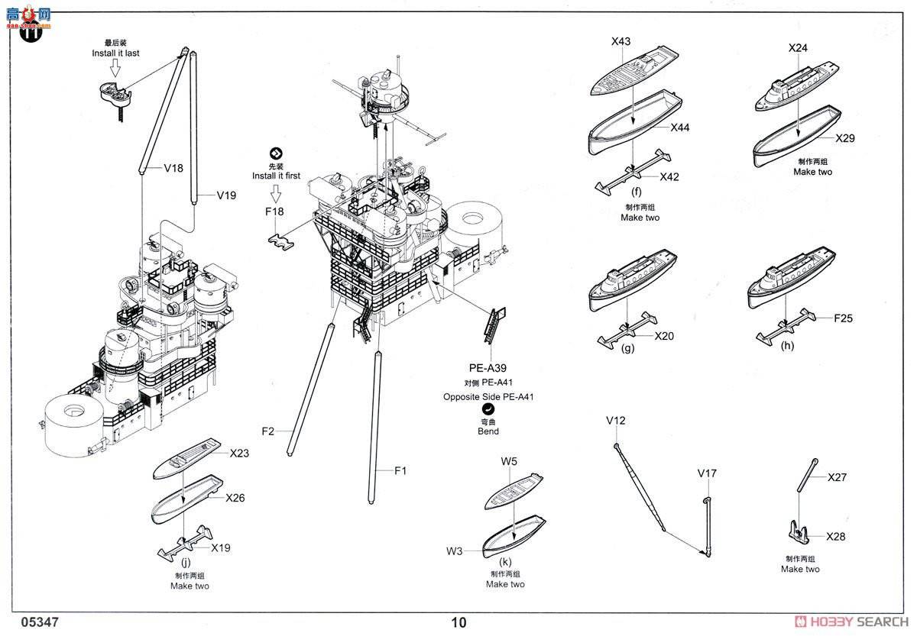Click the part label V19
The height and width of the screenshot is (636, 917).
pyautogui.click(x=225, y=195)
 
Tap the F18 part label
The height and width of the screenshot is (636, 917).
pyautogui.click(x=274, y=212)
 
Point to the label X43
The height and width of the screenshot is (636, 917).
pyautogui.click(x=621, y=41)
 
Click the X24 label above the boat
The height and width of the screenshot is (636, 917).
pyautogui.click(x=798, y=47)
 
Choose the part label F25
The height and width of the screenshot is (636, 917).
pyautogui.click(x=843, y=318)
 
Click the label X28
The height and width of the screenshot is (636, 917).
pyautogui.click(x=835, y=537)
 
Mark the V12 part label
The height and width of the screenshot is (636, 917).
pyautogui.click(x=616, y=421)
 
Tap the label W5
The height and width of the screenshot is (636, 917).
pyautogui.click(x=510, y=461)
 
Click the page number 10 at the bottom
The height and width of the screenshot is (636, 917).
pyautogui.click(x=458, y=622)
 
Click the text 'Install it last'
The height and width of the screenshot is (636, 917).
pyautogui.click(x=115, y=53)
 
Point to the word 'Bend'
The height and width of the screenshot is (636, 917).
pyautogui.click(x=488, y=431)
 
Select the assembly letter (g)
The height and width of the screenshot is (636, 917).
pyautogui.click(x=628, y=348)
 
